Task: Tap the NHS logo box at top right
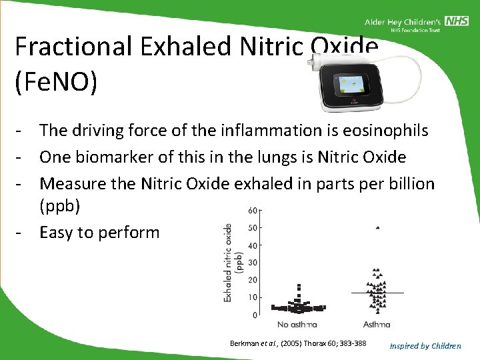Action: pyautogui.click(x=457, y=21)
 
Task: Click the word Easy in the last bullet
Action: pyautogui.click(x=59, y=232)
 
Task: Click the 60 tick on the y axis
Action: pyautogui.click(x=253, y=211)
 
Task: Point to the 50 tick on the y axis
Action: pyautogui.click(x=253, y=228)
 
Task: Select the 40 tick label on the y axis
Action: pyautogui.click(x=253, y=245)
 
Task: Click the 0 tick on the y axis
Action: pyautogui.click(x=255, y=315)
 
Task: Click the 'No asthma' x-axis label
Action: pyautogui.click(x=297, y=325)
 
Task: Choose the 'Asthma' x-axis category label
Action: pyautogui.click(x=377, y=325)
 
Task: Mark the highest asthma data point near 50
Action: pyautogui.click(x=377, y=228)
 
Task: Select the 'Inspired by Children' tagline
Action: pyautogui.click(x=425, y=345)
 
